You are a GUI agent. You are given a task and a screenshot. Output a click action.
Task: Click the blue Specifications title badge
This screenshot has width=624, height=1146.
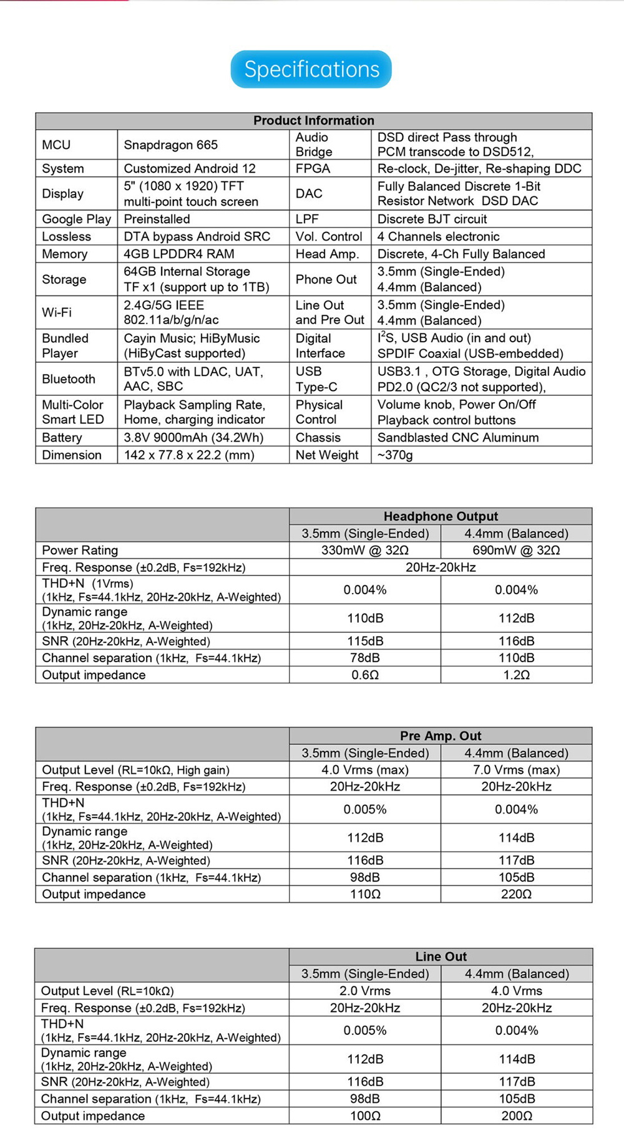[311, 69]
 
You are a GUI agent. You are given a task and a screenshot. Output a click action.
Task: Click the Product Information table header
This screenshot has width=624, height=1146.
[313, 120]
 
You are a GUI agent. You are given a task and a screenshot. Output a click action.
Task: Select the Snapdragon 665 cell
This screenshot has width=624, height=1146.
[170, 145]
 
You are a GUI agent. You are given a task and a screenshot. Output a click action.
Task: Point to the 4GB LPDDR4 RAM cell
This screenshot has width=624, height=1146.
[178, 254]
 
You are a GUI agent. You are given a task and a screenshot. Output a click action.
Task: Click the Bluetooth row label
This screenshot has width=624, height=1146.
[69, 378]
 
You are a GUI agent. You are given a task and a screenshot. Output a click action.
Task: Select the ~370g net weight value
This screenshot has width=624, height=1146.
[395, 455]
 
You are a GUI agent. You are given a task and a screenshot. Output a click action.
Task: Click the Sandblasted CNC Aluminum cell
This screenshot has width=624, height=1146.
[457, 437]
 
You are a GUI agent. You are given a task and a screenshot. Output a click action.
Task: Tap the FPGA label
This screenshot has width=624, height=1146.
[313, 168]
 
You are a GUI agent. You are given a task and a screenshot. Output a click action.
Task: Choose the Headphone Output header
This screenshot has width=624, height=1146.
[441, 516]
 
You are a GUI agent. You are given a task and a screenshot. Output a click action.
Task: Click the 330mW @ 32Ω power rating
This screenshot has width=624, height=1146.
[365, 550]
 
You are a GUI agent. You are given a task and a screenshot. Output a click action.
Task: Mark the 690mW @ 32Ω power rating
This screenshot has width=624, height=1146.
[516, 550]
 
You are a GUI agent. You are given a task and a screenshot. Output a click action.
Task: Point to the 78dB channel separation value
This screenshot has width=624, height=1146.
[365, 658]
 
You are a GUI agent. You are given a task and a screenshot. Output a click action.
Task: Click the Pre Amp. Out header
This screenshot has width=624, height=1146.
[441, 736]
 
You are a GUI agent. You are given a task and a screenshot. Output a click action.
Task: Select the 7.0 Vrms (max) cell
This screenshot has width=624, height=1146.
[516, 769]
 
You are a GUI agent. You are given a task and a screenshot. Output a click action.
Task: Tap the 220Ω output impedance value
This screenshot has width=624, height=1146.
[516, 894]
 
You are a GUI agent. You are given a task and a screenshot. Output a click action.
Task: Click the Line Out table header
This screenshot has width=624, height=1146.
[441, 956]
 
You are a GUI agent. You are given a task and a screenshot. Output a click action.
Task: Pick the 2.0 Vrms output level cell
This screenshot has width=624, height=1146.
[365, 991]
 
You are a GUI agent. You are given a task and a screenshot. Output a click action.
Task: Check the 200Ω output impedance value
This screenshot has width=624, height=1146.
[516, 1116]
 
